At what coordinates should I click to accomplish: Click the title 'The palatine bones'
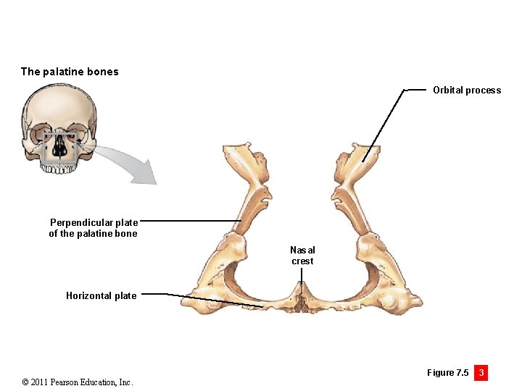tap(70, 72)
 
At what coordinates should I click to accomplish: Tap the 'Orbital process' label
tap(467, 91)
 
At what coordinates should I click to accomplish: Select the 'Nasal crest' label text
tap(303, 256)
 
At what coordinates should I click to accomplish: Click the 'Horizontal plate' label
tap(101, 295)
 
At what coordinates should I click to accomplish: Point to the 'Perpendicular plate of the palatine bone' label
tap(93, 228)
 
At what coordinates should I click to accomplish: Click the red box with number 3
tap(480, 373)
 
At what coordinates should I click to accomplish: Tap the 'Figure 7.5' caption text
tap(447, 373)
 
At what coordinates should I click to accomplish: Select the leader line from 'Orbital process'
tap(384, 123)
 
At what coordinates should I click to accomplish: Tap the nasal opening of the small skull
tap(60, 149)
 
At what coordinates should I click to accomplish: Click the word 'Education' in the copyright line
tap(91, 382)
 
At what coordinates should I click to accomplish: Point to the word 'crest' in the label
tap(302, 261)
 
